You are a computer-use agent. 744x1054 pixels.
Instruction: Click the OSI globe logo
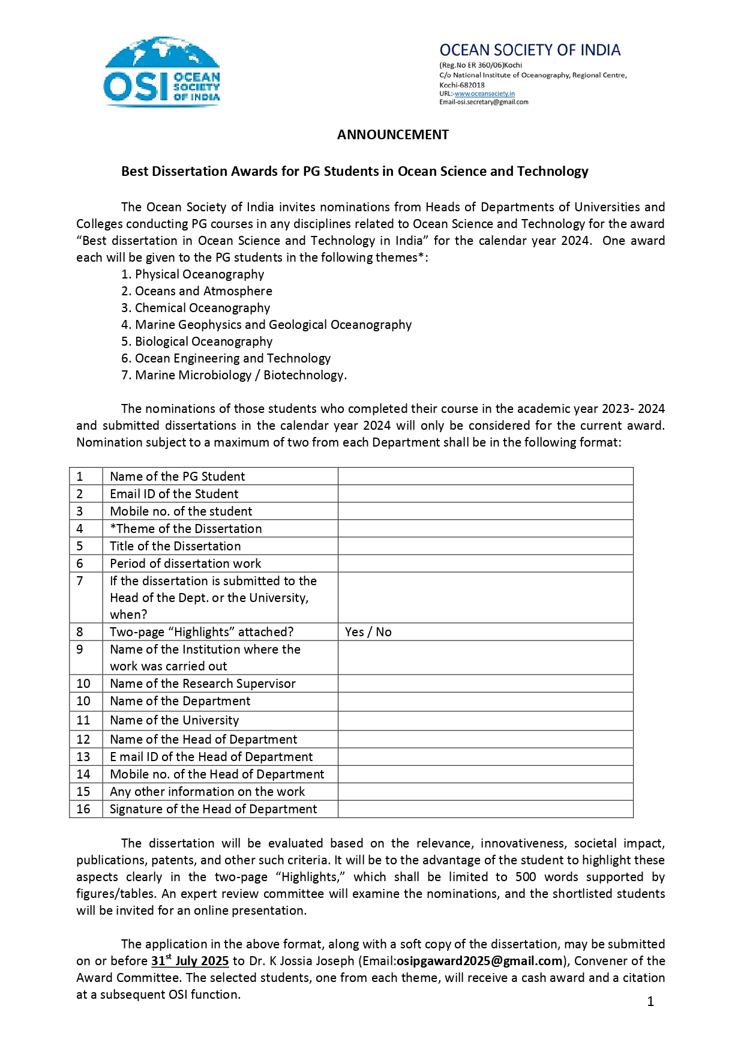tap(162, 71)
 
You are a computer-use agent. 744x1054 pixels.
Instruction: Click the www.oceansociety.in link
tap(484, 94)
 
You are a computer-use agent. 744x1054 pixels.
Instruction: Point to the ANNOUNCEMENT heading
tap(392, 134)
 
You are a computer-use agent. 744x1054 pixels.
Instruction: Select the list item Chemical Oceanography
tap(202, 308)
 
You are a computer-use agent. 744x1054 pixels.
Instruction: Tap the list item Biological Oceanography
tap(203, 342)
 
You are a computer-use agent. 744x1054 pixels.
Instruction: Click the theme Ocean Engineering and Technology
tap(232, 358)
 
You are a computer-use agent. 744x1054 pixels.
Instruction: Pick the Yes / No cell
tap(368, 632)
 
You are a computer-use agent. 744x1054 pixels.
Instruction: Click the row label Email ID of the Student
tap(174, 494)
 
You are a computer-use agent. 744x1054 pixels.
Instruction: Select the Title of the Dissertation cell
tap(175, 546)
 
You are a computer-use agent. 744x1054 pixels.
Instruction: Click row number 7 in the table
tap(80, 581)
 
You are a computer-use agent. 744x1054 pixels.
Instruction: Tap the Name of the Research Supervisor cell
tap(202, 684)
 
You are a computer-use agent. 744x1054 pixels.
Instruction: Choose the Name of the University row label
tap(174, 720)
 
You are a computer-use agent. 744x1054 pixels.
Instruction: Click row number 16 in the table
tap(83, 809)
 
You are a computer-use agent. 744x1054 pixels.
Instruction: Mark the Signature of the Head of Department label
tap(213, 809)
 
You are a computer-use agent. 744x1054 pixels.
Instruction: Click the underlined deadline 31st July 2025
tap(190, 961)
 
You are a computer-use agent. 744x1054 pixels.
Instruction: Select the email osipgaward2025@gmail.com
tap(479, 961)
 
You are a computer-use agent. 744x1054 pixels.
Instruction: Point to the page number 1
tap(650, 1001)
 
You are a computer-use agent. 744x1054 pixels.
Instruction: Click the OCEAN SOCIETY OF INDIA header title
tap(530, 50)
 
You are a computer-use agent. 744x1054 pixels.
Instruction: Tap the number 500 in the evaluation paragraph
tap(526, 877)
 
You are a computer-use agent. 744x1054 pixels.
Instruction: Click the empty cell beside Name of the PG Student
tap(485, 477)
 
